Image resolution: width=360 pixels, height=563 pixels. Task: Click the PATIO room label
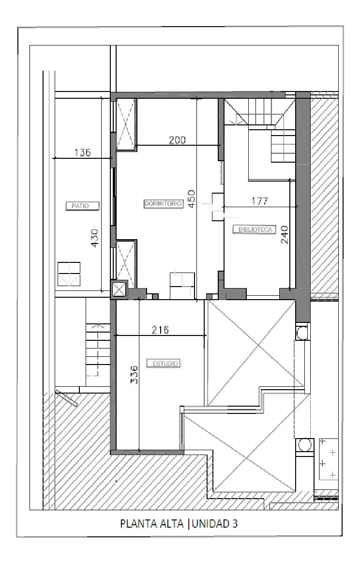pos(83,206)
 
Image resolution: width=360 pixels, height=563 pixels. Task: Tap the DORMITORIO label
pos(164,204)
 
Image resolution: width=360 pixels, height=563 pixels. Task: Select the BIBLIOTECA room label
pos(255,229)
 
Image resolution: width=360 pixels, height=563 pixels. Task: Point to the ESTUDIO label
pos(164,364)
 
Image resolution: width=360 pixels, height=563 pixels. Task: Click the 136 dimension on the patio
pos(83,152)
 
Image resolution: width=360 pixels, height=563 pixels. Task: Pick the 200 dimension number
pos(177,140)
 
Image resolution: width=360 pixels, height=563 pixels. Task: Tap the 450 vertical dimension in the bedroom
pos(192,198)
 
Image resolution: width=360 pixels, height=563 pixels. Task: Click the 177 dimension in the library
pos(259,201)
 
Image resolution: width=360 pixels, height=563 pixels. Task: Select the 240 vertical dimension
pos(284,235)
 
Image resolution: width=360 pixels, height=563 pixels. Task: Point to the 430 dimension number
pos(95,238)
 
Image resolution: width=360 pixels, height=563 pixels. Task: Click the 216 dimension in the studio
pos(160,330)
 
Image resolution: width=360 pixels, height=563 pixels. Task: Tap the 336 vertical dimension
pos(134,375)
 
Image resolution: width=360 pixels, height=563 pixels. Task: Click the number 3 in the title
pos(235,523)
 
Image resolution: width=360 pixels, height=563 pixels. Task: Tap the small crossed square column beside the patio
pos(119,289)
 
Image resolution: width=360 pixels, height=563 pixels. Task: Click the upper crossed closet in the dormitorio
pos(126,124)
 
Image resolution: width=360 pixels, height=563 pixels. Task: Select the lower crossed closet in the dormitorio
pos(126,263)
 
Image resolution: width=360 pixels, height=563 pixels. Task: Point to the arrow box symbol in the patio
pos(69,274)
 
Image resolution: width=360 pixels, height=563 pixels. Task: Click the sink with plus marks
pos(329,459)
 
